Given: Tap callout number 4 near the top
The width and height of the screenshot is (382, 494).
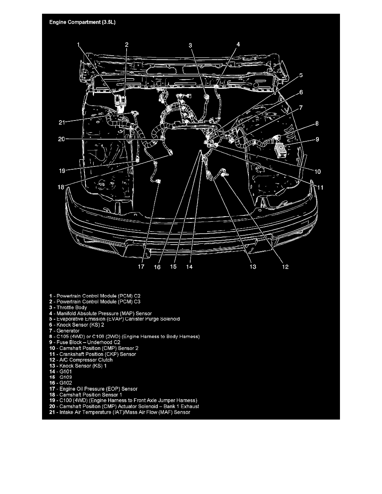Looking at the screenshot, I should pyautogui.click(x=238, y=44).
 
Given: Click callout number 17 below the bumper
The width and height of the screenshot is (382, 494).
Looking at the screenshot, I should pyautogui.click(x=141, y=267).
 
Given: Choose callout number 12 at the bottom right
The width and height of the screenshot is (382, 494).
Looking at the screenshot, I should pyautogui.click(x=285, y=267).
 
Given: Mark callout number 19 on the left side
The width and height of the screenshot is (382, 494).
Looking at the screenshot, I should pyautogui.click(x=62, y=170).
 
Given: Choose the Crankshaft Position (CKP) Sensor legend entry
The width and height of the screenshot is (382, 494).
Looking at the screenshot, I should pyautogui.click(x=92, y=354).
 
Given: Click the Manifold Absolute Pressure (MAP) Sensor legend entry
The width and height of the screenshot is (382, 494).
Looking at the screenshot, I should pyautogui.click(x=100, y=313).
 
